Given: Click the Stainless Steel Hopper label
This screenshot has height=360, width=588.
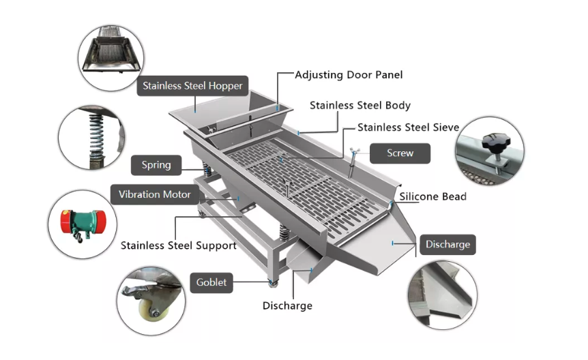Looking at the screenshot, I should tap(192, 87).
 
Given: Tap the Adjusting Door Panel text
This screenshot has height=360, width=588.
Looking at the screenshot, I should tap(348, 74).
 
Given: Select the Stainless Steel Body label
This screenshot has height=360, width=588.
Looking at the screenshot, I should tap(359, 106).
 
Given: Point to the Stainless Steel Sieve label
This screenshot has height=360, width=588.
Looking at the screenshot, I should tap(408, 127).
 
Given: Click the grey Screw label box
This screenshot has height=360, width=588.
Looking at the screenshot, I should tap(400, 153).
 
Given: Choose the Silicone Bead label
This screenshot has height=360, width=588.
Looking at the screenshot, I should tap(433, 196).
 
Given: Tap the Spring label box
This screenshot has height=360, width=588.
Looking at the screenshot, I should tap(156, 165).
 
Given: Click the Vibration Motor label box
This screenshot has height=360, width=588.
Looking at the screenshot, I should tap(155, 195).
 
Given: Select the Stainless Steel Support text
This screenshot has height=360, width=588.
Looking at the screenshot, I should tap(179, 245).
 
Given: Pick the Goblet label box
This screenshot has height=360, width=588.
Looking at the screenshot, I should tap(211, 282).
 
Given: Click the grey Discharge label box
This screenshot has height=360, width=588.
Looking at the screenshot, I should tap(447, 245).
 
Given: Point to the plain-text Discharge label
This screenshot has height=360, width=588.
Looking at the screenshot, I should tap(287, 305).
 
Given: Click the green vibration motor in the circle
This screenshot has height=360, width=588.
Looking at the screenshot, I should tap(85, 223).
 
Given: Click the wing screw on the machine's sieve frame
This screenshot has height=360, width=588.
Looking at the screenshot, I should tap(353, 156).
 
